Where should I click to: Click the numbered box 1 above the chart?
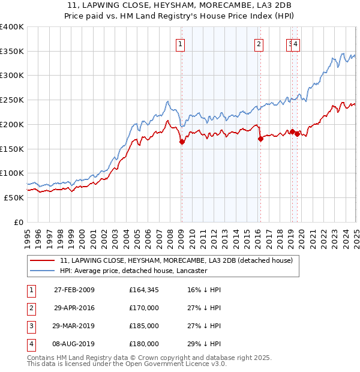click(x=180, y=43)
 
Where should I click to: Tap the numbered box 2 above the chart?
click(x=259, y=43)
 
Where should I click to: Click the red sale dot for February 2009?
click(x=182, y=142)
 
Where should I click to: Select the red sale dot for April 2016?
click(x=260, y=139)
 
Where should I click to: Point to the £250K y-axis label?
click(x=12, y=100)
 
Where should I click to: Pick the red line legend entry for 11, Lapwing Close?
click(x=176, y=260)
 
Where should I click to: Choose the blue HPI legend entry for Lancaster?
click(x=133, y=271)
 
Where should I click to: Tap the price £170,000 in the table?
click(x=144, y=308)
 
